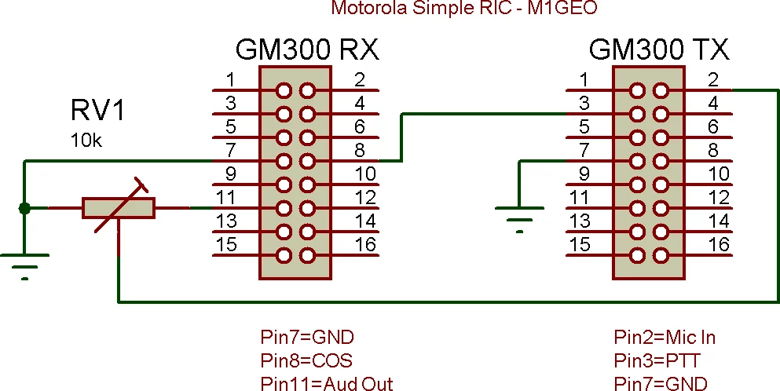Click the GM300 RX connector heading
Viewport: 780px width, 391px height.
(307, 50)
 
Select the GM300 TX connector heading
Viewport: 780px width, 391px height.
(659, 50)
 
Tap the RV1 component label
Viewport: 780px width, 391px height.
(98, 111)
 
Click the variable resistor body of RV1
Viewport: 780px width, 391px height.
(119, 208)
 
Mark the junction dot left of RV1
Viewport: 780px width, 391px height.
(24, 208)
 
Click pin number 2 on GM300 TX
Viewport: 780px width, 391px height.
(713, 79)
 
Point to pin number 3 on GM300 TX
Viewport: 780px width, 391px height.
(584, 103)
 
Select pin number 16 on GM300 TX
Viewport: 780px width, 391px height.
(719, 244)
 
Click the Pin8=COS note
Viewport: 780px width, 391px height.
(306, 360)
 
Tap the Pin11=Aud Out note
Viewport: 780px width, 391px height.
(326, 383)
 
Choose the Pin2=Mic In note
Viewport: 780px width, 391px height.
(665, 338)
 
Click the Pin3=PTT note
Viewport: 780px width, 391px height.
(657, 360)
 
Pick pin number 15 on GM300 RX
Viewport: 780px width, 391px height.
(226, 244)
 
